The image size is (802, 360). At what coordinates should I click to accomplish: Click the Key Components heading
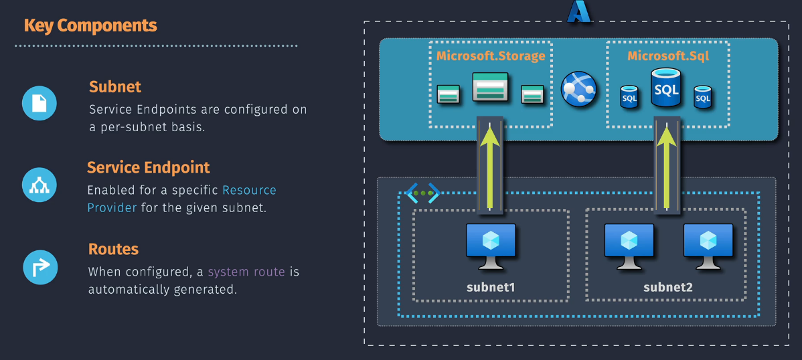[90, 25]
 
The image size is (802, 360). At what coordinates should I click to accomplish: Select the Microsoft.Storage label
[490, 56]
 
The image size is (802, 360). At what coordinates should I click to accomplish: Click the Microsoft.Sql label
[667, 56]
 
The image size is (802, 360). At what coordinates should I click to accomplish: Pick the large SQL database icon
[665, 90]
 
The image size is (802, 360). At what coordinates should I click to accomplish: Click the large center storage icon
[491, 88]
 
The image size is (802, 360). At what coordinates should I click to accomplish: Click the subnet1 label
[491, 288]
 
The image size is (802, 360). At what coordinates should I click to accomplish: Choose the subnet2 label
[667, 288]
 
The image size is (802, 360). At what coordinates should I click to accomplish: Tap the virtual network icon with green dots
[422, 193]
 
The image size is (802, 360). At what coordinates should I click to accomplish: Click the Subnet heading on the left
[115, 87]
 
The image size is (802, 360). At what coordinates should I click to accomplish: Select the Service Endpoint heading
[148, 167]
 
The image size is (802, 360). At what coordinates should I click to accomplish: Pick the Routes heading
[113, 249]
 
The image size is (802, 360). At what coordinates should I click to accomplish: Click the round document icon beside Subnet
[39, 103]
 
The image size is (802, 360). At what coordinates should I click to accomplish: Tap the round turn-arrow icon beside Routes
[40, 268]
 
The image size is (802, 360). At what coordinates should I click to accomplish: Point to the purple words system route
[246, 272]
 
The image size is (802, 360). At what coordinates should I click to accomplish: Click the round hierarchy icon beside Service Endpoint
[39, 185]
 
